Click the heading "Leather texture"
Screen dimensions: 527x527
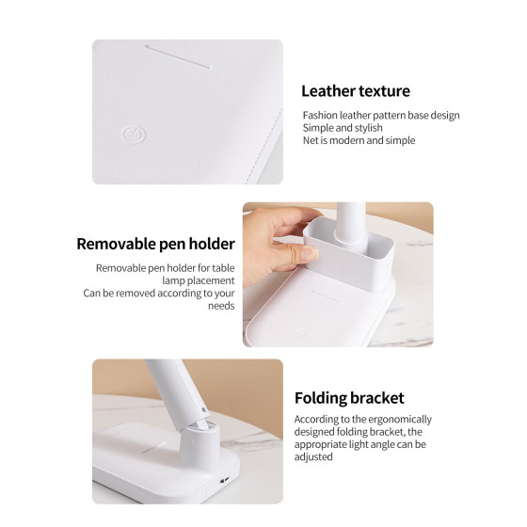(x=356, y=91)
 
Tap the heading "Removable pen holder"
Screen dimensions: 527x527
(x=155, y=244)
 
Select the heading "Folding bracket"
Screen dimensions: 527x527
(x=349, y=398)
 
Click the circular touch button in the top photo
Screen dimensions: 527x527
(x=133, y=135)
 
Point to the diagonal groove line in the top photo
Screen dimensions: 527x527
(x=178, y=56)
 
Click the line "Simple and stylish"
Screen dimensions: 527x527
(x=343, y=128)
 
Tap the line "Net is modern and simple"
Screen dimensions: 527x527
(x=359, y=140)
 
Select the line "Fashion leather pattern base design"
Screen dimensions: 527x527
(x=381, y=115)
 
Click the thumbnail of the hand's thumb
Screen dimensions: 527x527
(x=310, y=254)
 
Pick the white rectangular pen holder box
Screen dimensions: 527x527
(x=348, y=254)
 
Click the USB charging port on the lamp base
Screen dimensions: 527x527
(x=224, y=480)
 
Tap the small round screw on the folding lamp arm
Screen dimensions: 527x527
(x=203, y=410)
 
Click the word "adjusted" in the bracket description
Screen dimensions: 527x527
(x=313, y=456)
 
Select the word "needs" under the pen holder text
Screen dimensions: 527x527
(x=221, y=306)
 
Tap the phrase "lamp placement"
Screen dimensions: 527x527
(x=199, y=280)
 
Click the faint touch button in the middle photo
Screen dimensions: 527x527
(x=301, y=334)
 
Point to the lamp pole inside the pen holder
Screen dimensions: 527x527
(x=350, y=225)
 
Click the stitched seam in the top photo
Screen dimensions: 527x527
(x=264, y=146)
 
